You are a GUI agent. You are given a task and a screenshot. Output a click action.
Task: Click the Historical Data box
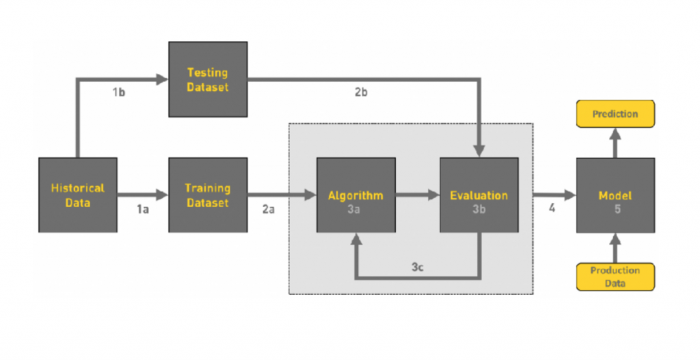click(78, 195)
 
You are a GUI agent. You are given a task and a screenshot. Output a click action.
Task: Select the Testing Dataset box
click(208, 79)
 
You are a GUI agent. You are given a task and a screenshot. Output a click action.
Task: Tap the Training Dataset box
click(208, 195)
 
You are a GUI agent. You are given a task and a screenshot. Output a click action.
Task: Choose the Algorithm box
click(355, 195)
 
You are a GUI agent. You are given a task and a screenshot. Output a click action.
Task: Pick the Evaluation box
click(479, 195)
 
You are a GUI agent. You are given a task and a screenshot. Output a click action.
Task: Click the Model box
click(615, 195)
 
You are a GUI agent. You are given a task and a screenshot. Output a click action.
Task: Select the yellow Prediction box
click(615, 114)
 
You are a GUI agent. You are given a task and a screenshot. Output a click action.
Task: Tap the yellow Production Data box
click(615, 277)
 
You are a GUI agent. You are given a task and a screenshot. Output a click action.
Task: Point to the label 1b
click(120, 92)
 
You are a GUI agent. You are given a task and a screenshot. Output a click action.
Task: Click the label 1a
click(142, 210)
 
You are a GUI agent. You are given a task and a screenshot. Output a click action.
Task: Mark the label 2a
click(268, 210)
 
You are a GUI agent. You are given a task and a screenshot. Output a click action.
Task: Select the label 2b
click(361, 92)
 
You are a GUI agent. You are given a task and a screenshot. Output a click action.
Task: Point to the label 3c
click(418, 267)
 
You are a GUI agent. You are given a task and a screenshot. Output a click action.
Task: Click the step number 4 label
click(552, 209)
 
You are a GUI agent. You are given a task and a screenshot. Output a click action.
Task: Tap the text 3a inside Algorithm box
click(353, 209)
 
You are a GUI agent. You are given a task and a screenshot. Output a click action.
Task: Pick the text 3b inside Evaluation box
click(479, 209)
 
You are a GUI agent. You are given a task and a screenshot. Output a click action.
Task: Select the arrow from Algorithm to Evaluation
click(417, 195)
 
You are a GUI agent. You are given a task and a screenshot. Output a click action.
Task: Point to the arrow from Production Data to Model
click(615, 248)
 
